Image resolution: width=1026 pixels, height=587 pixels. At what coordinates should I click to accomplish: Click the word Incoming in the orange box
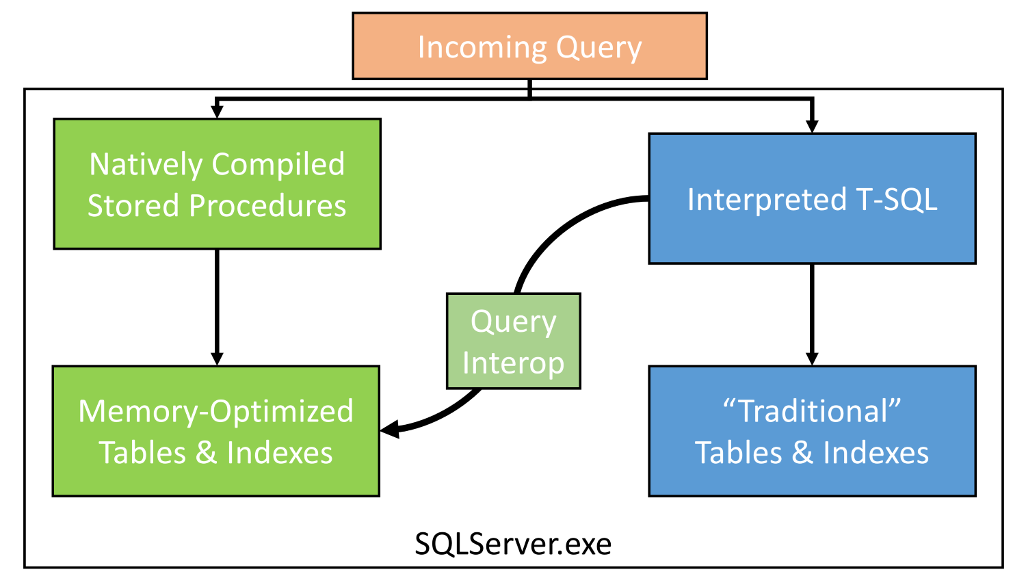[482, 47]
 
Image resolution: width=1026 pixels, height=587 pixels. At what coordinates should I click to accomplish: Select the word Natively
[146, 165]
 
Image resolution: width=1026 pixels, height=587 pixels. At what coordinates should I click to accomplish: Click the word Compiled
[278, 165]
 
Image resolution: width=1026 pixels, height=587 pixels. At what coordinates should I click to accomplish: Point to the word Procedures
[267, 205]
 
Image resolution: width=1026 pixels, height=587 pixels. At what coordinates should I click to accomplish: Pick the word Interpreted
[767, 200]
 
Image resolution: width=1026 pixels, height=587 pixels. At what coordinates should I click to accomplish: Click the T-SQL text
[897, 200]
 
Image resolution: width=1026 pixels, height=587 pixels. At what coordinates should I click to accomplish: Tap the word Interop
[513, 364]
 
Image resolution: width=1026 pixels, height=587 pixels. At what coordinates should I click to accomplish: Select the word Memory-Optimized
[215, 411]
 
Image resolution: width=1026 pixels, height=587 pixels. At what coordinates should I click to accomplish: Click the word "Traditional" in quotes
[812, 410]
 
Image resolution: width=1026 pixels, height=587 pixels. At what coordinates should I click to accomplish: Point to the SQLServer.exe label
[513, 544]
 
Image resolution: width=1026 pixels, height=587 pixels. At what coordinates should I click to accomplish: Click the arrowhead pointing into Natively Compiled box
[217, 112]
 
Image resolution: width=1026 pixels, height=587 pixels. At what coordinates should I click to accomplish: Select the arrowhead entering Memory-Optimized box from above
[217, 359]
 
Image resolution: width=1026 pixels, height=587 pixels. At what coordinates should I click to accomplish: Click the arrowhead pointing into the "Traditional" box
[812, 359]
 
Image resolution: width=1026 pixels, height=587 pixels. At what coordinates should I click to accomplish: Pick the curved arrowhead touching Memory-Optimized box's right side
[390, 430]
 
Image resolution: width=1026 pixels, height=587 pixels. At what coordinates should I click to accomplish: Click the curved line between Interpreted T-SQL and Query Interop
[562, 226]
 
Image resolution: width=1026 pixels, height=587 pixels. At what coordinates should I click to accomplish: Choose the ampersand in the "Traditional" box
[802, 453]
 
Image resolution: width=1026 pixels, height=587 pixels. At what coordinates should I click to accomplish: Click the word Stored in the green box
[133, 205]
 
